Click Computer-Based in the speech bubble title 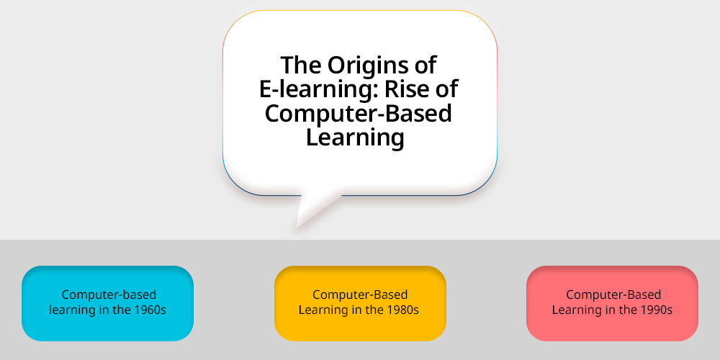point(358,113)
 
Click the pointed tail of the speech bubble point(297,227)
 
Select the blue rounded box point(107,303)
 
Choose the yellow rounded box point(360,303)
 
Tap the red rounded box point(612,303)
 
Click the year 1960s point(150,310)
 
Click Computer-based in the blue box point(109,294)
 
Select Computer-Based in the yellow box point(360,294)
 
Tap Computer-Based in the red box point(613,294)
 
